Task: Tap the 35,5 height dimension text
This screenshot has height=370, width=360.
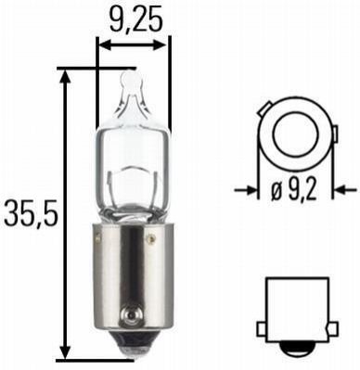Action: point(32,214)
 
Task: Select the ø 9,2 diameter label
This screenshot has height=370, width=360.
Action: point(294,191)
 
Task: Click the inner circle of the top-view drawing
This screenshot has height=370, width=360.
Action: point(295,134)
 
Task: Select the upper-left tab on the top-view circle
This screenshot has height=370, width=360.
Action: point(265,108)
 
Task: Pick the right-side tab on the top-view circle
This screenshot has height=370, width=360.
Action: point(335,134)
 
